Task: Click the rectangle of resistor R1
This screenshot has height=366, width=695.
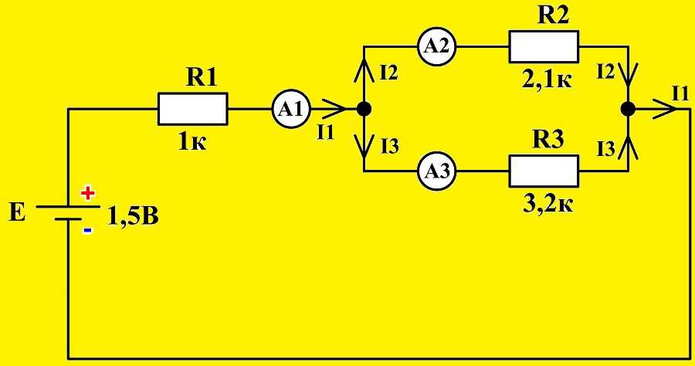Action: (193, 109)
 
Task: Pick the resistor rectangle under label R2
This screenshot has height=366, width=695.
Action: (543, 48)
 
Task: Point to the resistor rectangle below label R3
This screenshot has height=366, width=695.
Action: (543, 170)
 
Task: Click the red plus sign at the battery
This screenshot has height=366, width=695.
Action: (87, 192)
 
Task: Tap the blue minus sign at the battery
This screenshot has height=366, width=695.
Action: (86, 230)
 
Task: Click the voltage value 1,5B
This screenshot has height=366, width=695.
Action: (132, 216)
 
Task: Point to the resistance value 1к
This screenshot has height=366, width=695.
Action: (193, 143)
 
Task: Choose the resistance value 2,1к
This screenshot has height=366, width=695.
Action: (547, 80)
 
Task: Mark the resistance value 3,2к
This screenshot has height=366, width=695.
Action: (547, 203)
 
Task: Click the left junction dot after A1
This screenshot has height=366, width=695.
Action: (364, 109)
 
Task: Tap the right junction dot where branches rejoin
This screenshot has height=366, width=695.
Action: (628, 109)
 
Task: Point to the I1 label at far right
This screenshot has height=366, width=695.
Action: (680, 93)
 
